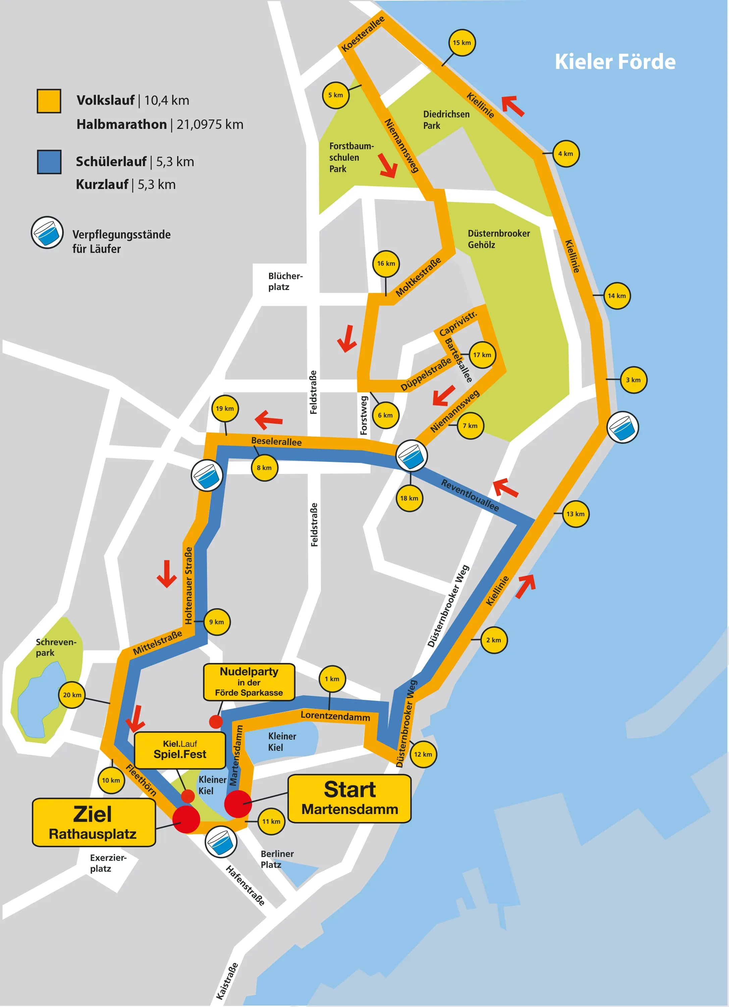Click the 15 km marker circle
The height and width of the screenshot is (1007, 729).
pos(461,43)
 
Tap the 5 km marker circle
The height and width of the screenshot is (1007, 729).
pos(335,95)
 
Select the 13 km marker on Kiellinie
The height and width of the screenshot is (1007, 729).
pos(575,514)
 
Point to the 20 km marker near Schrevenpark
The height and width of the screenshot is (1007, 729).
pos(72,695)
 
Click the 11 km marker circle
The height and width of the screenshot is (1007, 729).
pos(271,821)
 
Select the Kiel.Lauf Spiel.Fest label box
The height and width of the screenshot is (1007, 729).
pos(180,750)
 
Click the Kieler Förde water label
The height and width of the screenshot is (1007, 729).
pos(615,62)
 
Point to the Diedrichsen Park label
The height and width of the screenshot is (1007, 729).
pos(446,120)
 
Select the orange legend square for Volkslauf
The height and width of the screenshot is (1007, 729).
pos(49,101)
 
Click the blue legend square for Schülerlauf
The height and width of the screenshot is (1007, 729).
pos(49,161)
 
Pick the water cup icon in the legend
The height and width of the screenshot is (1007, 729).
pos(47,233)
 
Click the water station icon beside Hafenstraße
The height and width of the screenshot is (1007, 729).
pos(220,842)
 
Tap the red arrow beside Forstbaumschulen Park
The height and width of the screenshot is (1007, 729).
pos(388,165)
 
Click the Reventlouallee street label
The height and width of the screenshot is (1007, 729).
pos(469,495)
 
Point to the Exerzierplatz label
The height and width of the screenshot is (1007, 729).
pos(108,863)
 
